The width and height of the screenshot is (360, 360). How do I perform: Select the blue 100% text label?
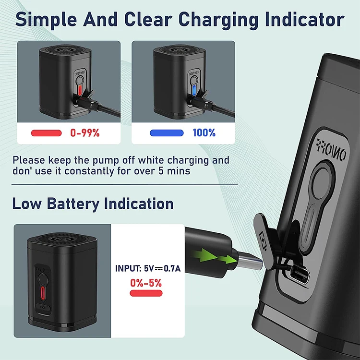point(204,133)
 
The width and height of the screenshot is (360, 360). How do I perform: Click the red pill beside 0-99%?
point(46,133)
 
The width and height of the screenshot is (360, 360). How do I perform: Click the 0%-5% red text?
point(145,283)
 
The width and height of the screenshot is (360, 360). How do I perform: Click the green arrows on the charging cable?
point(219,257)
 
